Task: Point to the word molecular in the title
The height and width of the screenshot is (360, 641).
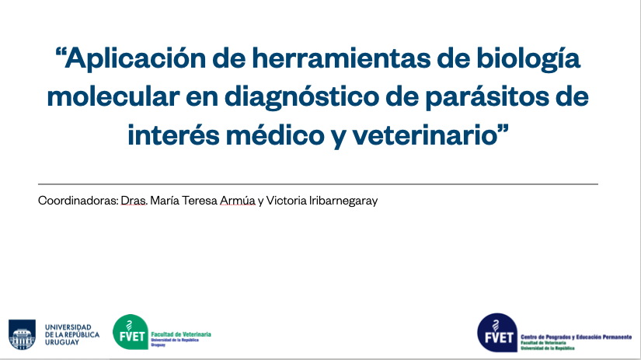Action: tap(113, 96)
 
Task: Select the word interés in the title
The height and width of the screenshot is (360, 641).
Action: tap(173, 135)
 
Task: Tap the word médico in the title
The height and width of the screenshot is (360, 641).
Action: tap(275, 135)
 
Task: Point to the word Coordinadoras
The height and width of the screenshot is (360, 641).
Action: tap(78, 201)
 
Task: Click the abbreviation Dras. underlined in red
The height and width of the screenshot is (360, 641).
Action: tap(134, 201)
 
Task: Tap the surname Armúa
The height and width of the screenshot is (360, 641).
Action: tap(238, 201)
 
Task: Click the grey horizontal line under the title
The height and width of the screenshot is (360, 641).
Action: tap(318, 184)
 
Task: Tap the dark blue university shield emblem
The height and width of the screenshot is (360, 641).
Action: tap(22, 334)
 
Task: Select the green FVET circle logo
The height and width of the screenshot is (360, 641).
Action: tap(131, 332)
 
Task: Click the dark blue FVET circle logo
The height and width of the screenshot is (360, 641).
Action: tap(497, 333)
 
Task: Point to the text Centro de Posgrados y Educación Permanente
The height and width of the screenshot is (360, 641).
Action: tap(577, 337)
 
